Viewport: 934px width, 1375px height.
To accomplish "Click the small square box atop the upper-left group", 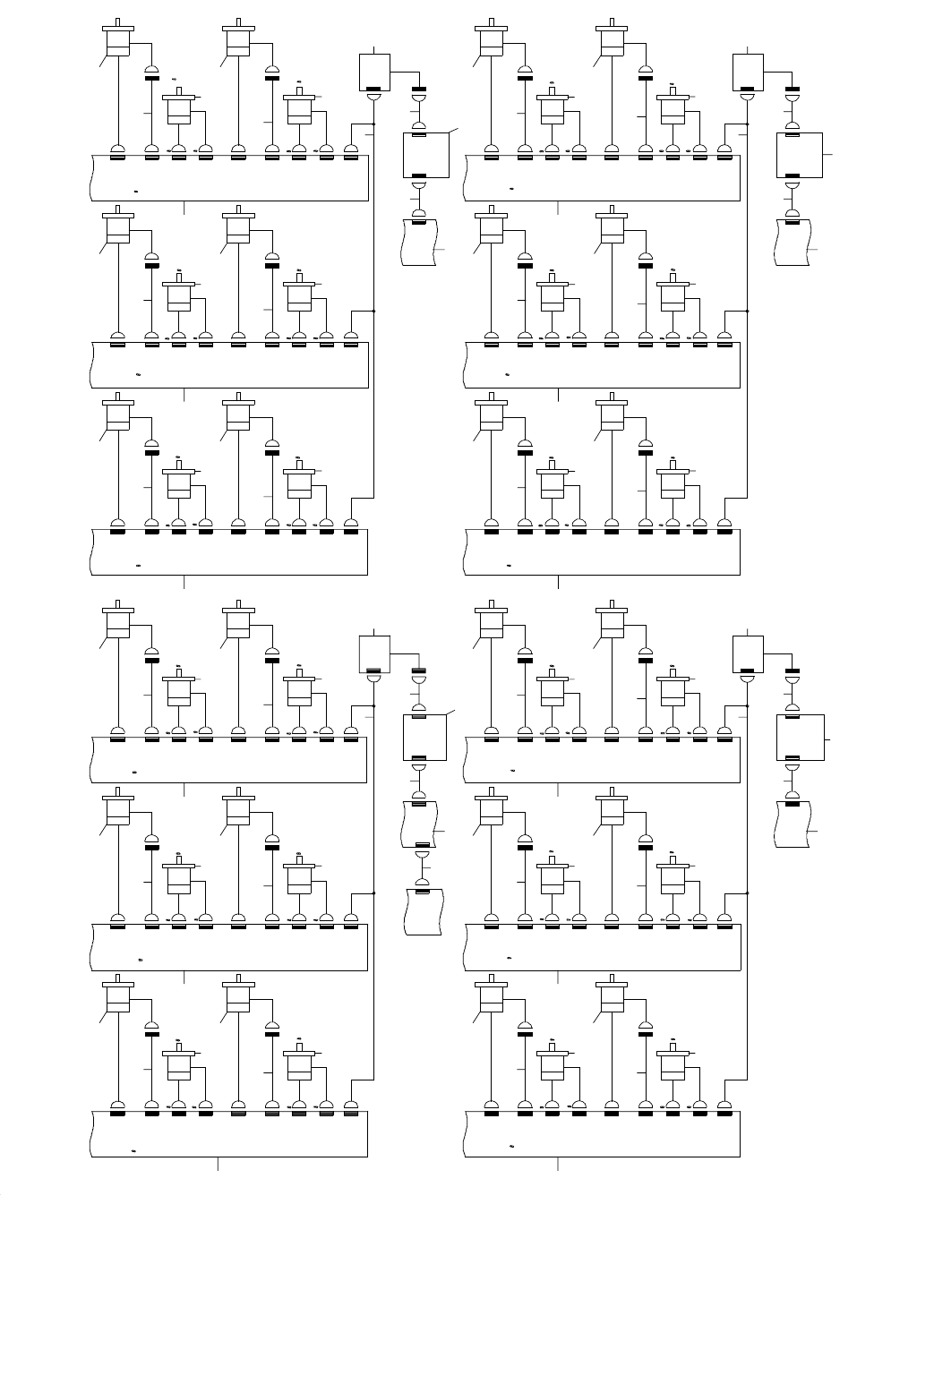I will [374, 72].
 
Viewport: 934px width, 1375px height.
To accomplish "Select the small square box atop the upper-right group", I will [748, 72].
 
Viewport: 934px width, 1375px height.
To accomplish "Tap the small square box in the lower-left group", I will [374, 653].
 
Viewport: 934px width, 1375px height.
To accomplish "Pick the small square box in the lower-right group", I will [748, 653].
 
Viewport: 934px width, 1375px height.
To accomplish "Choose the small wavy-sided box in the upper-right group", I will [793, 241].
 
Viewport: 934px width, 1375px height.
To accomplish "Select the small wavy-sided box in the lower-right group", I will [793, 824].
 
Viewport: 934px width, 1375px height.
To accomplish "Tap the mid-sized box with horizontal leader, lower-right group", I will [799, 739].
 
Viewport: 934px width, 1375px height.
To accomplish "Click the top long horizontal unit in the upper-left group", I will [230, 177].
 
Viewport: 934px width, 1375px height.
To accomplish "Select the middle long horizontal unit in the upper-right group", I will [603, 365].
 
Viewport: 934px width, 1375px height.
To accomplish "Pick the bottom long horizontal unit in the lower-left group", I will [230, 1134].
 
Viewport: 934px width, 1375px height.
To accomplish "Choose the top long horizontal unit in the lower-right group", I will [603, 760].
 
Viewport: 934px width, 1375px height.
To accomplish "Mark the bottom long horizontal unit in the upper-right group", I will [603, 552].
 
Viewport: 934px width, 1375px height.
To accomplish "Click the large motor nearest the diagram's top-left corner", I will [118, 39].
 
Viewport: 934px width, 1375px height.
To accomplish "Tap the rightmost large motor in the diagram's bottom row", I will [612, 995].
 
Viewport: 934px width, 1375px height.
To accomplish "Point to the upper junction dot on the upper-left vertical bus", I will [373, 124].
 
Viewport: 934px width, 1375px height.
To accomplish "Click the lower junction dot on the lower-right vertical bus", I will [747, 892].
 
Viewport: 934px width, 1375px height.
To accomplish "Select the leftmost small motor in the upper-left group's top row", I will [179, 107].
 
